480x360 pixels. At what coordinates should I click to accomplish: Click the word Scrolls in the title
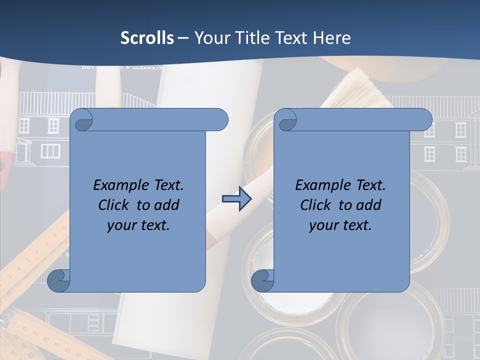point(147,38)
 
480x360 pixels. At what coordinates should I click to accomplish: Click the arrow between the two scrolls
point(236,199)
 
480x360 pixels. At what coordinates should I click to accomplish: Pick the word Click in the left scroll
point(113,205)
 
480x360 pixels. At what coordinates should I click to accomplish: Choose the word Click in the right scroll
point(315,205)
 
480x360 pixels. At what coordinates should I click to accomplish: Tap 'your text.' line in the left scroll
point(138,225)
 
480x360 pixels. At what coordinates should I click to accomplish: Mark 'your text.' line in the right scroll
point(340,225)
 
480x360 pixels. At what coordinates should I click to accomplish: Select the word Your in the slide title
point(210,38)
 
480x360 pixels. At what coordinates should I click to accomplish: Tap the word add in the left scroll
point(167,205)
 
